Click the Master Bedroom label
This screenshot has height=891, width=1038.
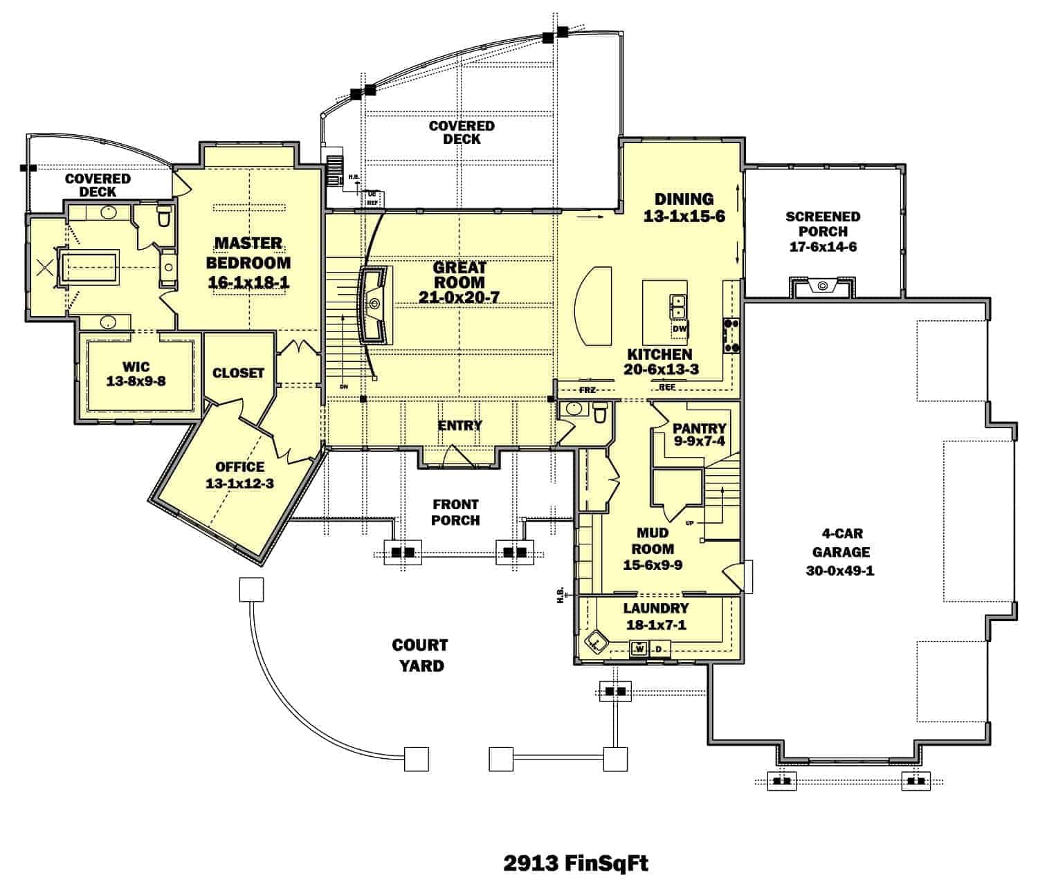point(248,252)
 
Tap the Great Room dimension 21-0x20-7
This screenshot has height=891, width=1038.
point(459,297)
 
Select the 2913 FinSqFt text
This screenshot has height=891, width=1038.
point(576,863)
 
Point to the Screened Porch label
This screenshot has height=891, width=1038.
point(823,224)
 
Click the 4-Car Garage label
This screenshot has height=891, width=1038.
point(842,544)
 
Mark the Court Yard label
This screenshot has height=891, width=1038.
point(419,654)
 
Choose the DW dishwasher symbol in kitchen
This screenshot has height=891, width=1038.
point(679,329)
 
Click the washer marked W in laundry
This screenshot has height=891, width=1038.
point(639,649)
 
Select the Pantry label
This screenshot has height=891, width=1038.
point(699,428)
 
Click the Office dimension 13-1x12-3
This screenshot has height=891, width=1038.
point(239,484)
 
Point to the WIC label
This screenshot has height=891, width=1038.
point(136,366)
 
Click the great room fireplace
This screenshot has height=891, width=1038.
point(374,304)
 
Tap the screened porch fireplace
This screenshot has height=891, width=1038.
point(822,286)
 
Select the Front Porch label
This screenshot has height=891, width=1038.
point(455,512)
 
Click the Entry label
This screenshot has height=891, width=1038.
point(459,425)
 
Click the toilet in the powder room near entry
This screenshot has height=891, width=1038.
point(600,412)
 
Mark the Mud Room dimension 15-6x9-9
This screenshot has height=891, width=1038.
point(653,564)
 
